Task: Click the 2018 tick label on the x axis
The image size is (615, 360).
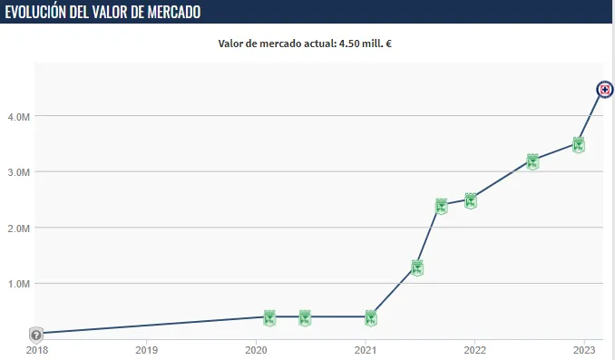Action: [37, 348]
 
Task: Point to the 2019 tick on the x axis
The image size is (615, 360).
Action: [146, 348]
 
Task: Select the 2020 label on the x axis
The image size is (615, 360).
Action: [256, 348]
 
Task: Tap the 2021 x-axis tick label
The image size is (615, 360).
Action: [365, 348]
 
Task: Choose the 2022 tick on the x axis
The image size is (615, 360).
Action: [473, 348]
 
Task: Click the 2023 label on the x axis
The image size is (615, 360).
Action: [583, 348]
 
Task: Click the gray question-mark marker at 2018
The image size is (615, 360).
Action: [35, 335]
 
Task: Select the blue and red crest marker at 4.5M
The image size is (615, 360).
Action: [605, 89]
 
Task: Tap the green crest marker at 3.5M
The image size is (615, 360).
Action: [578, 144]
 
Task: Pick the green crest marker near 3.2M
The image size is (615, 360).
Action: [532, 161]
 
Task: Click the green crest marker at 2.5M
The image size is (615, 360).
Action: [471, 200]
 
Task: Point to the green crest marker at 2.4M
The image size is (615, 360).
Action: [441, 206]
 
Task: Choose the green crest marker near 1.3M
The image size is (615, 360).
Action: [417, 268]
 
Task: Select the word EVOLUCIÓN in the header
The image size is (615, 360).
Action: [41, 12]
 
